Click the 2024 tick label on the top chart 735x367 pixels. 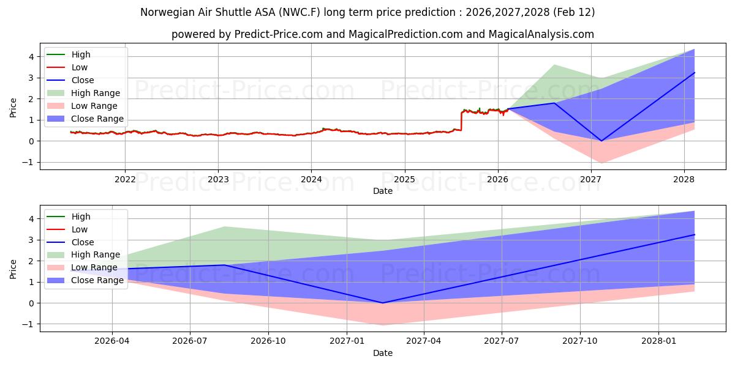(311, 179)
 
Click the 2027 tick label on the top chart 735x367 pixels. (590, 179)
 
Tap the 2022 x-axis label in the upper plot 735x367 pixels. (125, 179)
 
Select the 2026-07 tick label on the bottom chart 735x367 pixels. (190, 341)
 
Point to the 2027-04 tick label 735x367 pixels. (424, 341)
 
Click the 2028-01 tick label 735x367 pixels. (658, 341)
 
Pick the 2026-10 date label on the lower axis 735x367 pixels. (268, 341)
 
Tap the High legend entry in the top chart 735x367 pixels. (81, 54)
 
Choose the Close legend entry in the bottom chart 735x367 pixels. (83, 242)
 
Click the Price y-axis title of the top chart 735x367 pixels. (13, 107)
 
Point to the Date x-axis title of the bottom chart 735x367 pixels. (383, 353)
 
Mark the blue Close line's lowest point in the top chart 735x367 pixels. (601, 141)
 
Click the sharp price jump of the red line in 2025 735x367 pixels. (461, 120)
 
